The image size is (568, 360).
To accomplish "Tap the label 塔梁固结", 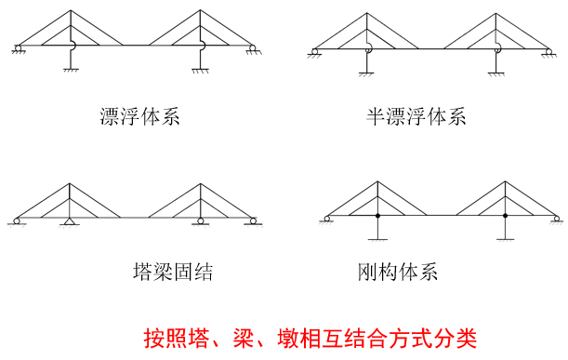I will pyautogui.click(x=173, y=272).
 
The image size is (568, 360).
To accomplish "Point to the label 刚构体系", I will pyautogui.click(x=397, y=272).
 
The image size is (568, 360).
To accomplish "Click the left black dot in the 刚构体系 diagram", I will pyautogui.click(x=376, y=217).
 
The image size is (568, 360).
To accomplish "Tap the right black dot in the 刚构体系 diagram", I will pyautogui.click(x=506, y=217).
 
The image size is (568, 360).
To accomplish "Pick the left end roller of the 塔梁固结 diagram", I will pyautogui.click(x=18, y=221).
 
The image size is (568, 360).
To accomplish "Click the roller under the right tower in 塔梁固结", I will pyautogui.click(x=199, y=222).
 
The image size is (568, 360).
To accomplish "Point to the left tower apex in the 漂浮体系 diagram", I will pyautogui.click(x=71, y=12).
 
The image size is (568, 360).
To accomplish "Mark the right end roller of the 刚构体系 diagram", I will pyautogui.click(x=555, y=220).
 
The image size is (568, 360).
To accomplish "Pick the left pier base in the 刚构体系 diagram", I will pyautogui.click(x=376, y=239).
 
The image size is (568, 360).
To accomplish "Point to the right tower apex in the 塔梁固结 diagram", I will pyautogui.click(x=199, y=183).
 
